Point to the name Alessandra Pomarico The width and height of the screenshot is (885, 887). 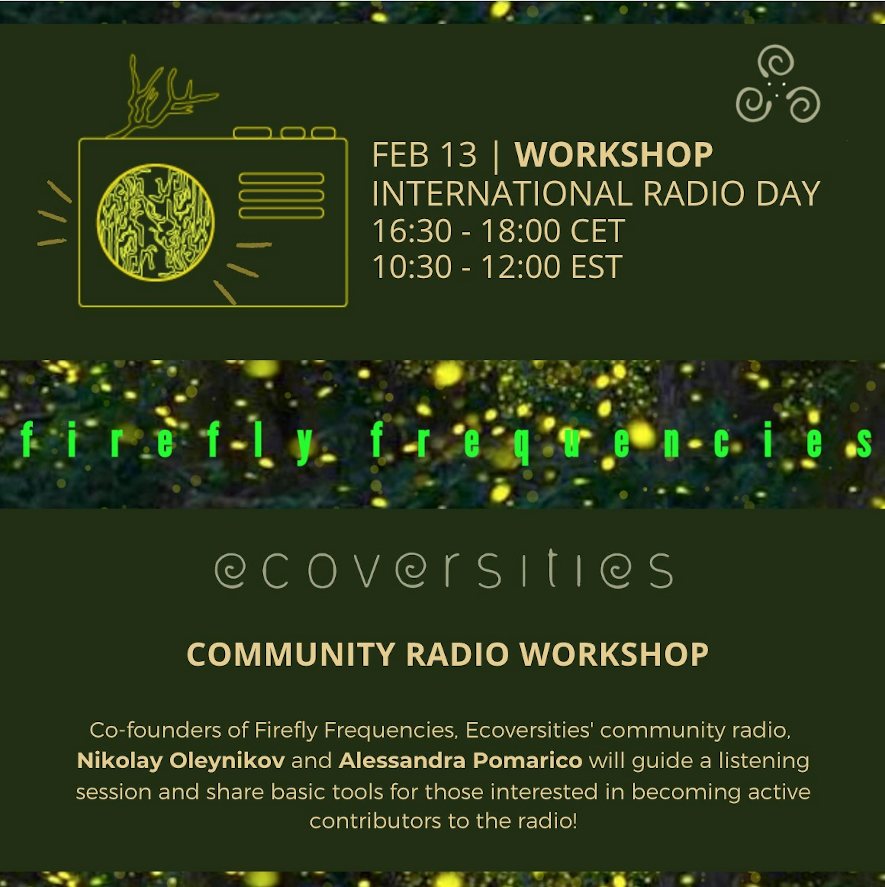point(460,761)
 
